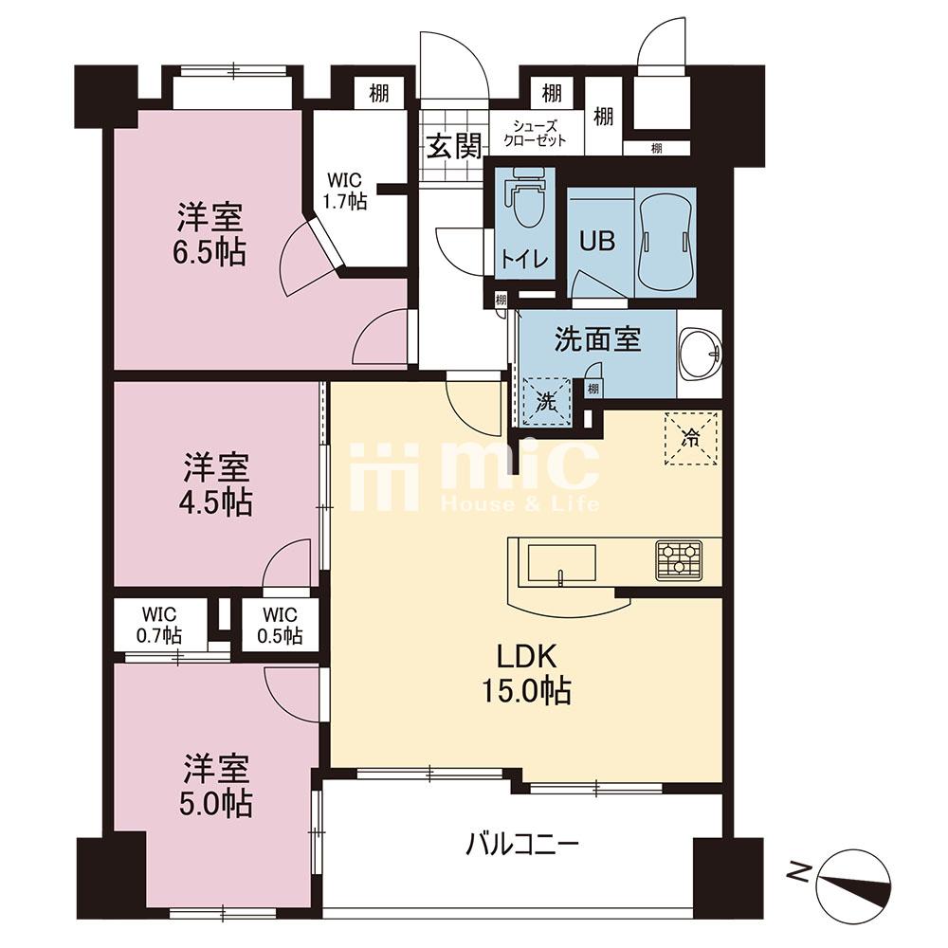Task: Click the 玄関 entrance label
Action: [x=454, y=146]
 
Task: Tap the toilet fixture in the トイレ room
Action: [x=525, y=198]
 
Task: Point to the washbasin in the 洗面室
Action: [x=701, y=354]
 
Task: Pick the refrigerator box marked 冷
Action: [x=691, y=438]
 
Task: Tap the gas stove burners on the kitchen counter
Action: [x=679, y=560]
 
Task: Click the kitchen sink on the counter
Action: [x=561, y=564]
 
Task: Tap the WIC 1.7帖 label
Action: [x=345, y=191]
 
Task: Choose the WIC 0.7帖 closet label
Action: [x=159, y=625]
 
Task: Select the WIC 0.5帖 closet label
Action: [x=280, y=625]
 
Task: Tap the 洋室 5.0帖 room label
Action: [x=216, y=785]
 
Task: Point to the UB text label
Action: [x=597, y=241]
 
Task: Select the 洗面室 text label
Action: [x=598, y=339]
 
